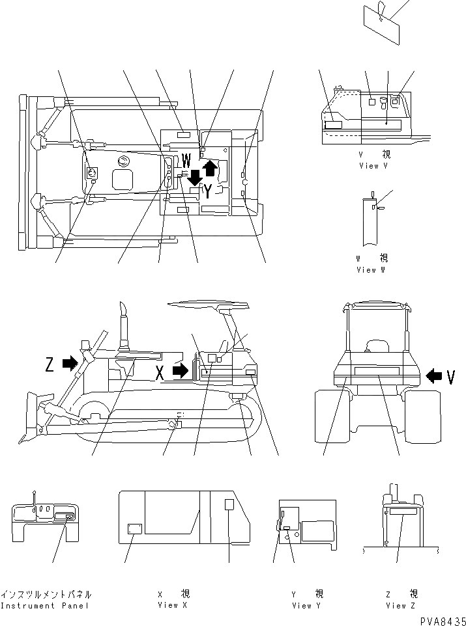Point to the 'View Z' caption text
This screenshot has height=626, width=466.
point(396,606)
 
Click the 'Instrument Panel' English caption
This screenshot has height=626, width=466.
point(45,606)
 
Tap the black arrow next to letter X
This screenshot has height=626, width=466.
point(180,371)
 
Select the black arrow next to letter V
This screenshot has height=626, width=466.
point(433,375)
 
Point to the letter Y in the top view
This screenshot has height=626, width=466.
point(207,191)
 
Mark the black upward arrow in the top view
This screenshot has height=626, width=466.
point(210,169)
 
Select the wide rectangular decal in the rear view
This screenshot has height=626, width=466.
point(377,371)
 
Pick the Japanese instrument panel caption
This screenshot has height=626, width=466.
point(45,594)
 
